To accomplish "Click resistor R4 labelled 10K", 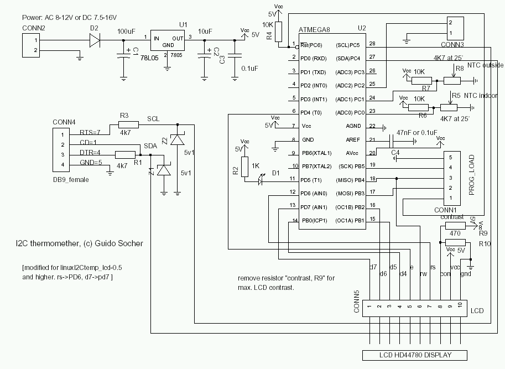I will [x=279, y=32].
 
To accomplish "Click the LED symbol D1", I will [x=263, y=180].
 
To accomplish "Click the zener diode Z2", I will [x=177, y=140].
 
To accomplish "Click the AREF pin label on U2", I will [x=353, y=140].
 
